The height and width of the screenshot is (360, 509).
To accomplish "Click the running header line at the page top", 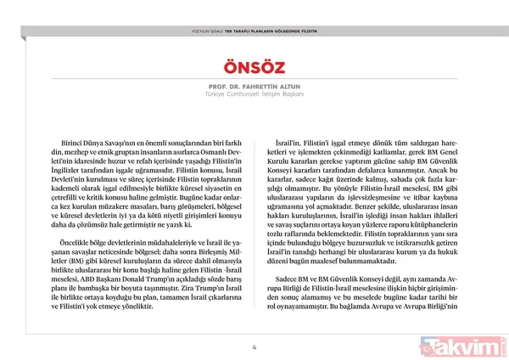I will pyautogui.click(x=255, y=31).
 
